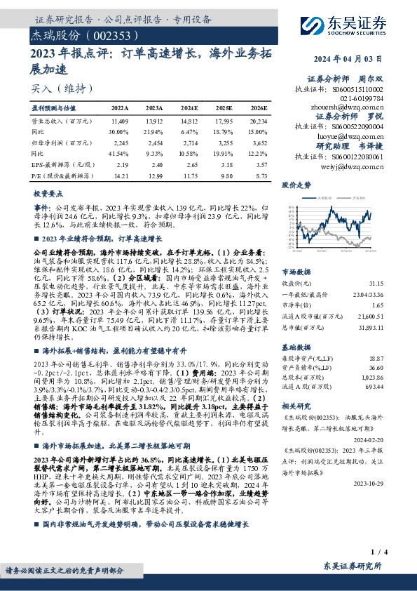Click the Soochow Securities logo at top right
(357, 20)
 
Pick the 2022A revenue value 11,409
(120, 121)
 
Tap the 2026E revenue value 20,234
(258, 121)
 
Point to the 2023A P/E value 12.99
(154, 175)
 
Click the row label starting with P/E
(59, 175)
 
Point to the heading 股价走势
(295, 186)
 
